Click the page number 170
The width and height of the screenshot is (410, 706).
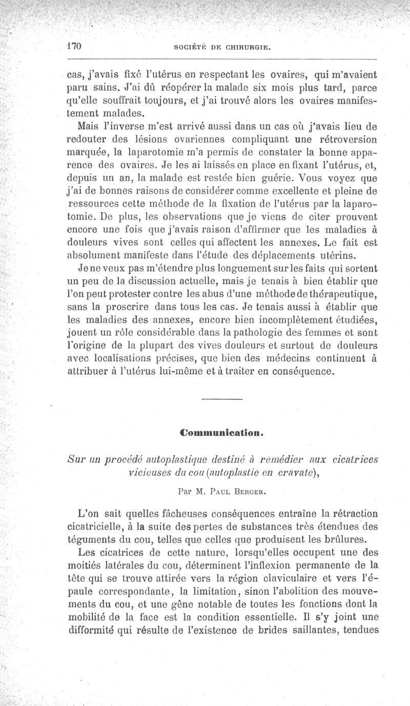click(75, 46)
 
